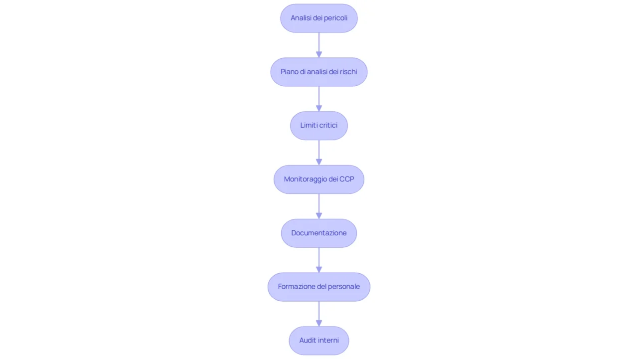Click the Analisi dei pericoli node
click(x=319, y=18)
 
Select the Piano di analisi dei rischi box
click(x=319, y=72)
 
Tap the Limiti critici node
click(x=319, y=125)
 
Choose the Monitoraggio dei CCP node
click(x=319, y=179)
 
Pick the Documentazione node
click(x=319, y=233)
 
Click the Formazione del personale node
click(x=319, y=287)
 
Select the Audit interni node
click(x=319, y=341)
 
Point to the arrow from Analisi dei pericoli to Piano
click(x=319, y=45)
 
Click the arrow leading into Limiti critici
click(x=319, y=99)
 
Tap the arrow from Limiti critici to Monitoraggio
click(x=319, y=153)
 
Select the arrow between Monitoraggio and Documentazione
click(x=319, y=206)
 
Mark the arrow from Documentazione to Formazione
click(x=319, y=260)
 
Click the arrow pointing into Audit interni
click(x=319, y=314)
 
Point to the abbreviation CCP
click(x=347, y=179)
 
